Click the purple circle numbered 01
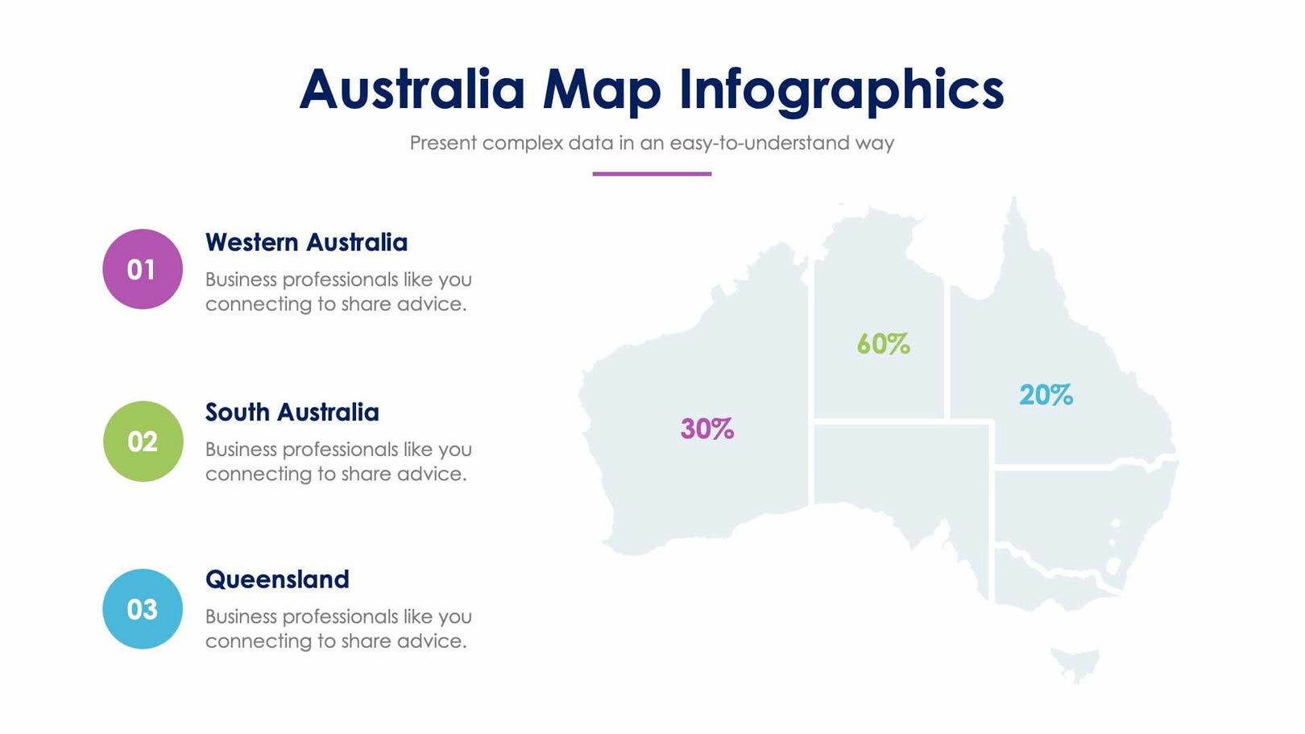coord(143,269)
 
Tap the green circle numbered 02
coord(143,442)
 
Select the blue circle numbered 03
coord(143,609)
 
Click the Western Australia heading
coord(306,243)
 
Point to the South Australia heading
coord(292,413)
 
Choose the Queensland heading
coord(277,579)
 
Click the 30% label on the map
coord(706,429)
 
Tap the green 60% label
coord(883,344)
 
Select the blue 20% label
coord(1046,395)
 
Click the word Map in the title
coord(601,89)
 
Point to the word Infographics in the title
coord(841,89)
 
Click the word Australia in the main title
coord(412,89)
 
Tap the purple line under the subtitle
coord(652,173)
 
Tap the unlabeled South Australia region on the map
coord(894,467)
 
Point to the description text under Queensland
coord(338,628)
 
